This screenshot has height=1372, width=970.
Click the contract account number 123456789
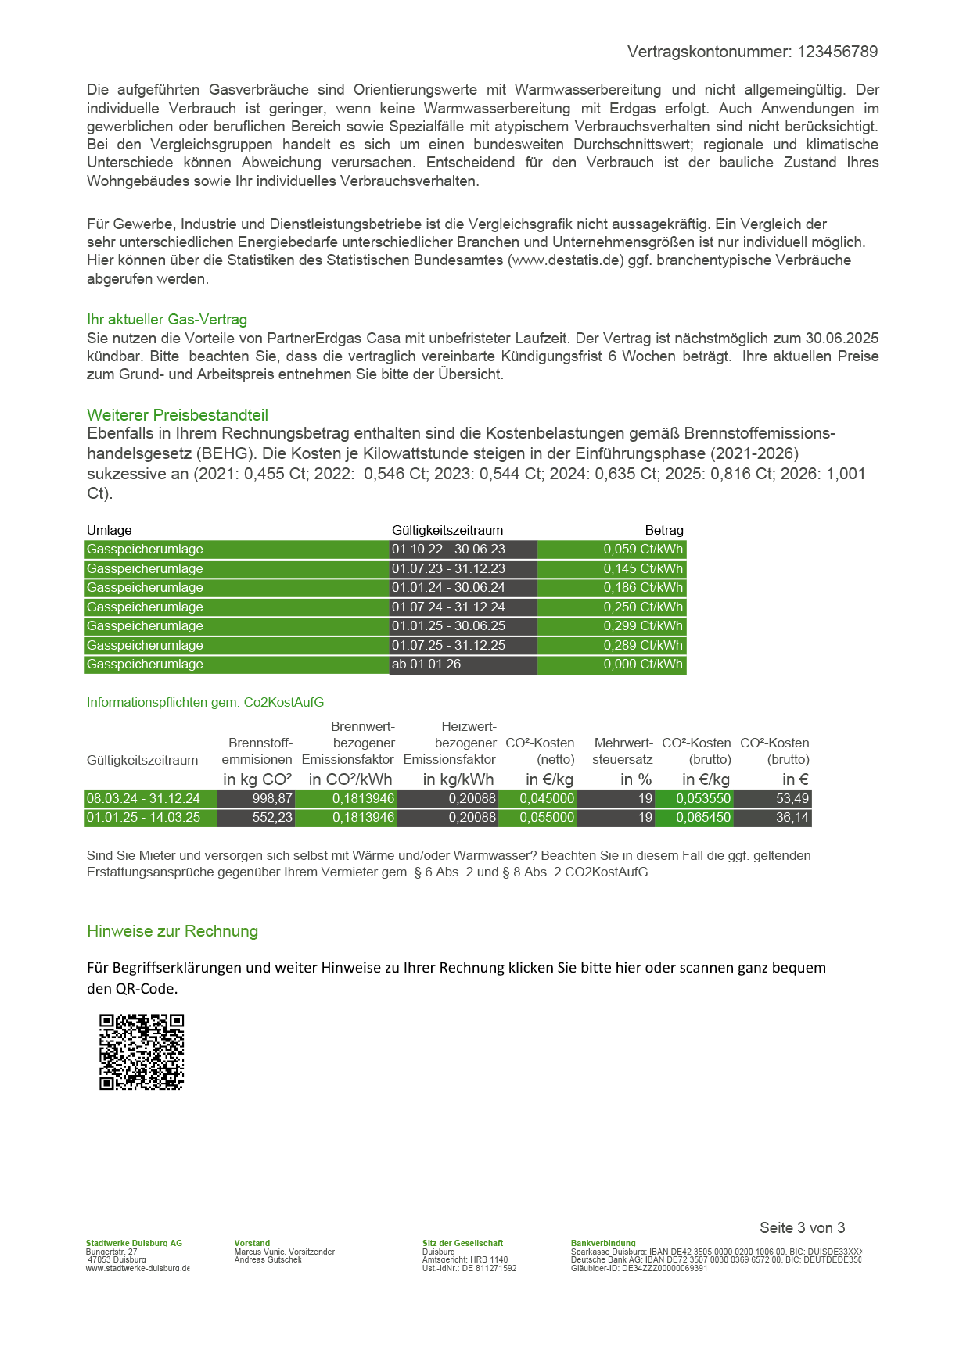[x=837, y=52]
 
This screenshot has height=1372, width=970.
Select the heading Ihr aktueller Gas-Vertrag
[x=167, y=319]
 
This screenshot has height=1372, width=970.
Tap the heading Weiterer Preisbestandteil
[x=178, y=415]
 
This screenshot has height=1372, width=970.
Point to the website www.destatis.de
[x=567, y=260]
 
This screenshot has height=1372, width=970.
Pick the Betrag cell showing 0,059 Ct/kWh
[x=642, y=549]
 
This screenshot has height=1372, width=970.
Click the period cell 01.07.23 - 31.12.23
[x=448, y=568]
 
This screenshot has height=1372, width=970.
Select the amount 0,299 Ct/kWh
[x=642, y=625]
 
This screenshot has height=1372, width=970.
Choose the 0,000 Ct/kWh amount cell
[x=642, y=664]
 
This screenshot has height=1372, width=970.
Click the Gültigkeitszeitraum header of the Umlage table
[x=447, y=530]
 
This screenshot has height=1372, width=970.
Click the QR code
[x=142, y=1051]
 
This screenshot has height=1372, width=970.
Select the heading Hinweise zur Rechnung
[x=172, y=931]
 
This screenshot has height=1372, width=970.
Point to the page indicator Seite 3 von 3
[x=802, y=1227]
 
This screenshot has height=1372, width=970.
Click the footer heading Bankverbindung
[x=603, y=1243]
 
